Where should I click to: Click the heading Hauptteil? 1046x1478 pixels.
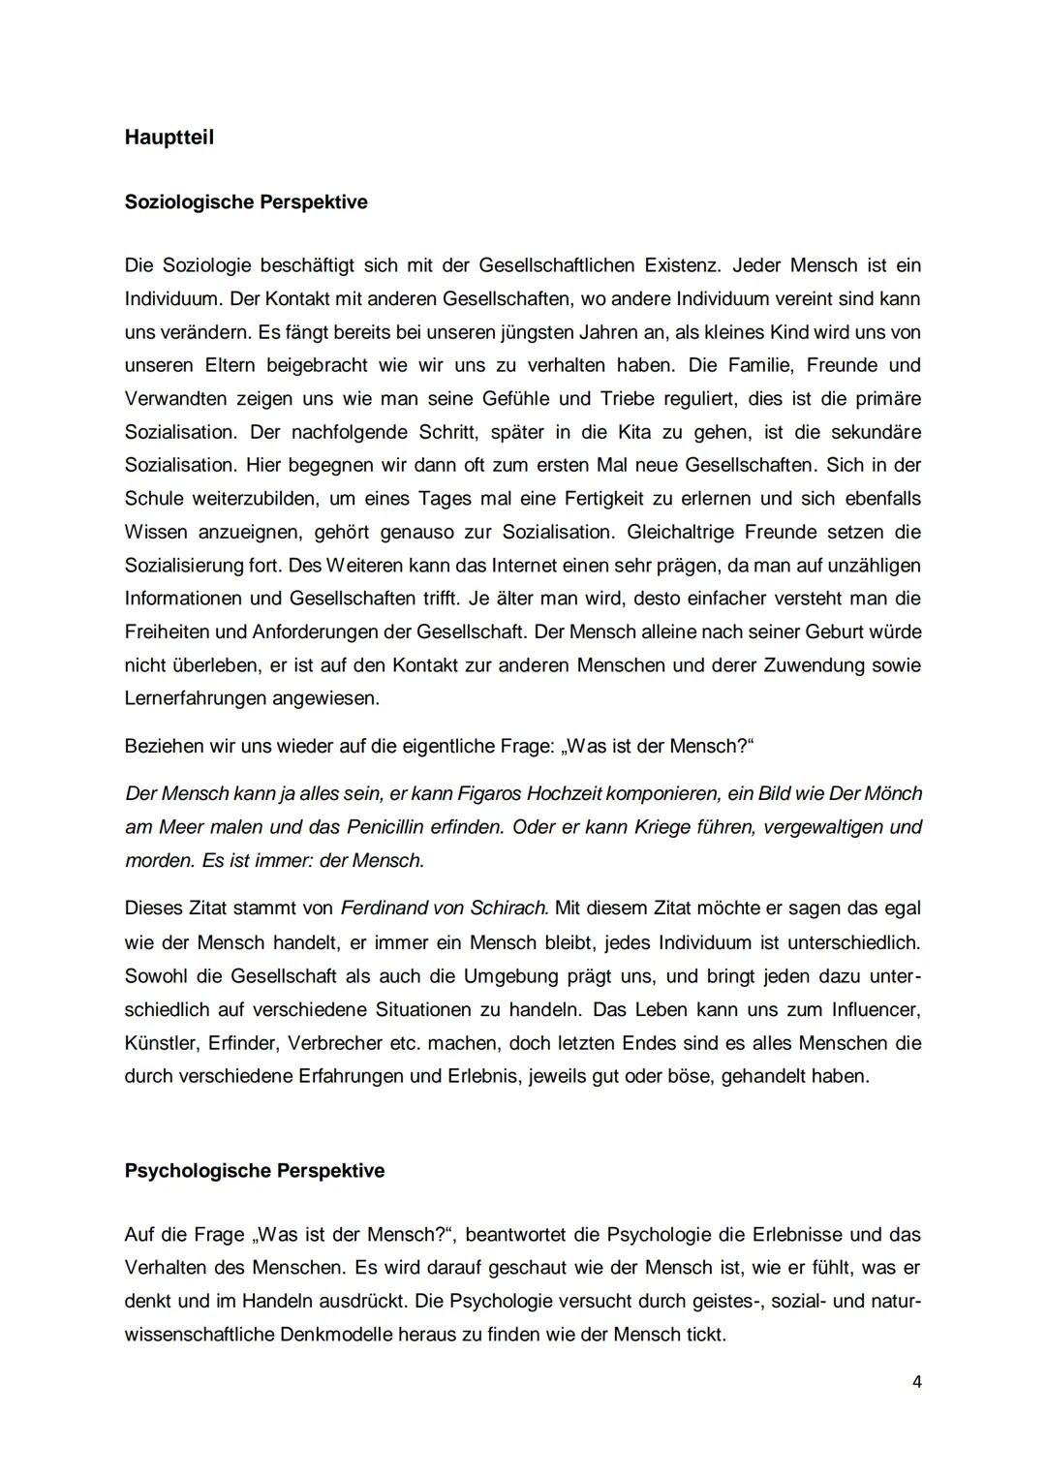point(169,138)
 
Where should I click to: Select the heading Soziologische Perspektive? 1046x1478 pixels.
point(246,202)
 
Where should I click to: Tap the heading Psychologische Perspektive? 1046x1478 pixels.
point(255,1171)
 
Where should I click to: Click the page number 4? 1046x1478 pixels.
point(916,1382)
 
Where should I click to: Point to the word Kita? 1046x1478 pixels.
point(633,432)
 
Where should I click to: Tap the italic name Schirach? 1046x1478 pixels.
point(509,908)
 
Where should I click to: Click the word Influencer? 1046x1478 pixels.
point(876,1009)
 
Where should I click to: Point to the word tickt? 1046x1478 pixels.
point(705,1335)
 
